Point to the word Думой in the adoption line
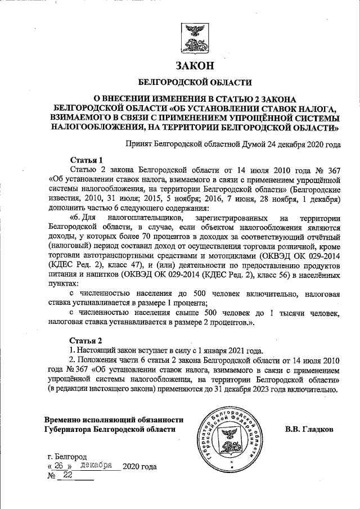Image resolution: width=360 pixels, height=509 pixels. click(x=239, y=145)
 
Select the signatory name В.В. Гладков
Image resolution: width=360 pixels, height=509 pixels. click(x=309, y=429)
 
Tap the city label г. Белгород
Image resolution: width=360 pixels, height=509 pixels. click(x=67, y=456)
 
